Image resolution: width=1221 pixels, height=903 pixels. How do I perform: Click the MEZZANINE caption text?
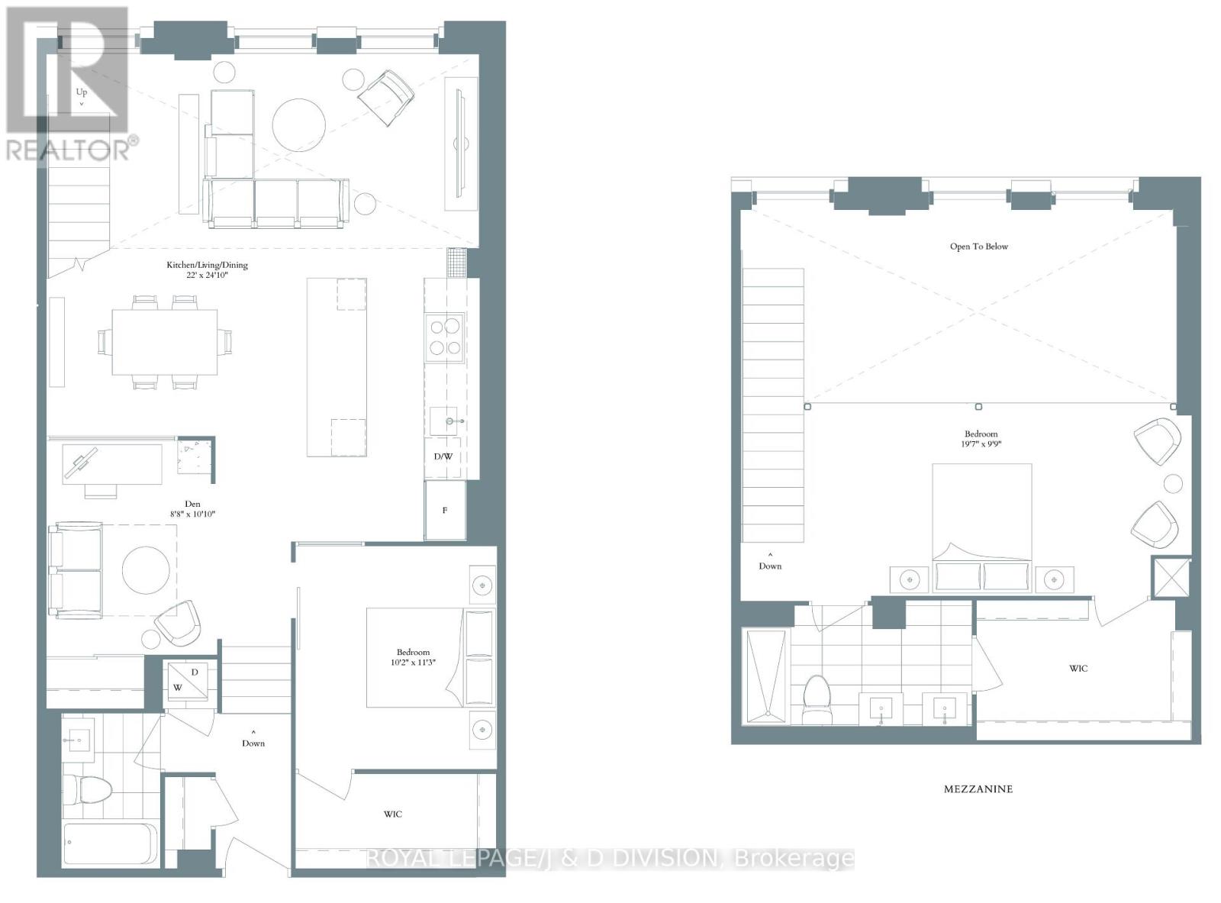(x=978, y=789)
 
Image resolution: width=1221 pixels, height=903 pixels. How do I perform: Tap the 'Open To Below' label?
(x=978, y=247)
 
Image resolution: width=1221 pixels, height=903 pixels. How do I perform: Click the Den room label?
(x=192, y=508)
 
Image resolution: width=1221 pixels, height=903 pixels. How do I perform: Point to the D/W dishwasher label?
(x=443, y=456)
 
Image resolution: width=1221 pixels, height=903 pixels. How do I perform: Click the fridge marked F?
(x=445, y=510)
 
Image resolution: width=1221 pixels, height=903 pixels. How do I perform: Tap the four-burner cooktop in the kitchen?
(x=446, y=337)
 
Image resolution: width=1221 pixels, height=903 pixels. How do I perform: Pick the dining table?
(x=165, y=341)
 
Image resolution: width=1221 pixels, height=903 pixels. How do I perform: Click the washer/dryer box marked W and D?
(x=187, y=680)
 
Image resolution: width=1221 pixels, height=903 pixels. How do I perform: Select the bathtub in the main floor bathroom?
(x=111, y=844)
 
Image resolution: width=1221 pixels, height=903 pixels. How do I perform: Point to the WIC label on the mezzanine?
(x=1078, y=669)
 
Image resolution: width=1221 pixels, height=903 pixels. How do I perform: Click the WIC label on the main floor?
(x=393, y=814)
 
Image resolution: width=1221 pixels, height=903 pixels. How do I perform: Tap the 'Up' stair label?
(x=82, y=93)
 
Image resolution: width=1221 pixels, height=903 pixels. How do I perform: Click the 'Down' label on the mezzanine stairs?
(x=770, y=566)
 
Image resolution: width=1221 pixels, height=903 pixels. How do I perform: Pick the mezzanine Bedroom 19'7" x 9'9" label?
(x=981, y=438)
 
